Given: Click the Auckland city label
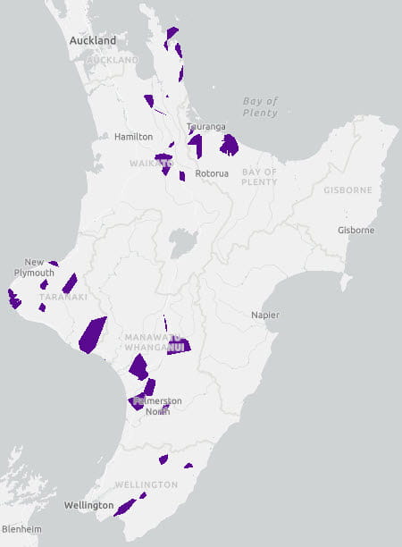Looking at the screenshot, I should pos(93,41).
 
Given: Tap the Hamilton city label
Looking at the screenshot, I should pos(133,137).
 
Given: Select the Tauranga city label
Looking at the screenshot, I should pos(205,127).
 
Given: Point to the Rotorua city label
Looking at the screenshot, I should pos(213,173).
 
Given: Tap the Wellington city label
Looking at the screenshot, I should pos(88,506).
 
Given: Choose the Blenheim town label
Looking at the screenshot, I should pos(21,529).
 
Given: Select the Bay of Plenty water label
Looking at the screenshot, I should pos(260,107).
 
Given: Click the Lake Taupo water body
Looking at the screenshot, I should pos(182,241).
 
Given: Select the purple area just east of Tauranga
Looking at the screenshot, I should pos(230,144).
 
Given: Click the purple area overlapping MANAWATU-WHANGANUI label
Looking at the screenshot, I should pos(179,346).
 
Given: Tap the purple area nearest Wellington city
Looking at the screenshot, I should pos(124,507).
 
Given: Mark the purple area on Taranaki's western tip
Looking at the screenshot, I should pos(13,299).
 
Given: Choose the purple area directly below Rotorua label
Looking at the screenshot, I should pos(182,176).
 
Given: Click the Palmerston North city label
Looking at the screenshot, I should pos(150,406).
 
